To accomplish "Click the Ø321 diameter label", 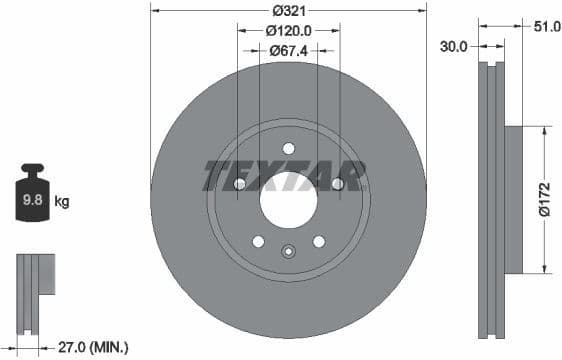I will coord(289,11).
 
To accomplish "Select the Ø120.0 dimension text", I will coord(289,30).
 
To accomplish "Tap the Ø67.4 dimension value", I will coord(290,50).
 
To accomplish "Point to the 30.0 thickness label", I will coord(454,45).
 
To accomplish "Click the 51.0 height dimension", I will coord(546,28).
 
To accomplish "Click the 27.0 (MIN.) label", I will coord(92,347).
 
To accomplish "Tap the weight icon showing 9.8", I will coord(31,198).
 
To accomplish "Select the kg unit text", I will coord(61,202).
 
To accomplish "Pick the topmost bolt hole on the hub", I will coord(289,148).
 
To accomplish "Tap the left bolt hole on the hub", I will coord(239,184).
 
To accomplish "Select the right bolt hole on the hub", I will coord(338,184).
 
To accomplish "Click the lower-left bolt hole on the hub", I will coord(258,241).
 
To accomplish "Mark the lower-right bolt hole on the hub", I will coord(319,241).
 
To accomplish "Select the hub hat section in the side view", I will coord(511,199).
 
